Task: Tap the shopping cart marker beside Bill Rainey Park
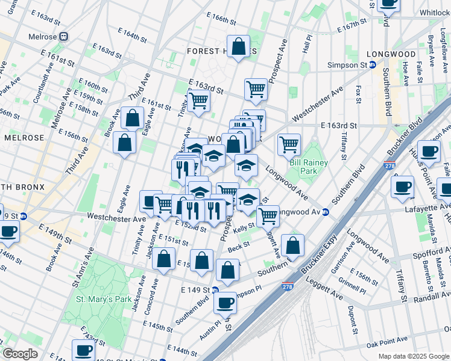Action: point(289,144)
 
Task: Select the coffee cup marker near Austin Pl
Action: point(225,303)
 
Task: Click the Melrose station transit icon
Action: point(63,37)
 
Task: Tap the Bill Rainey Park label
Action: point(309,167)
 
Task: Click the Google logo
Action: point(20,353)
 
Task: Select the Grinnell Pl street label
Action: point(352,286)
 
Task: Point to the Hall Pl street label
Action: point(306,44)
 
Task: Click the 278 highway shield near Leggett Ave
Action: point(289,288)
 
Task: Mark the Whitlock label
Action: point(435,12)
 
